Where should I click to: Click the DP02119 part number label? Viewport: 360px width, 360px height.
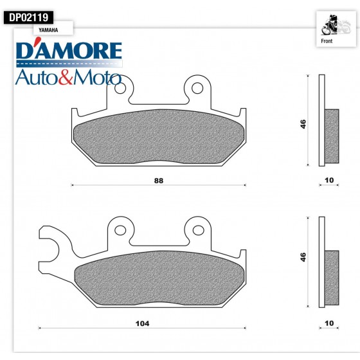pyautogui.click(x=29, y=18)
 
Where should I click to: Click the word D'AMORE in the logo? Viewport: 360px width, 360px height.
pyautogui.click(x=68, y=52)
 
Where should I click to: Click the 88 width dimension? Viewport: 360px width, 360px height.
pyautogui.click(x=159, y=181)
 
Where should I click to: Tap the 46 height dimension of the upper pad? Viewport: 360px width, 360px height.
pyautogui.click(x=303, y=123)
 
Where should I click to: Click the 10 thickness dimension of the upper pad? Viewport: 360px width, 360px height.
pyautogui.click(x=329, y=181)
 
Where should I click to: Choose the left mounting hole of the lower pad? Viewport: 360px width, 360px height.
pyautogui.click(x=120, y=228)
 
